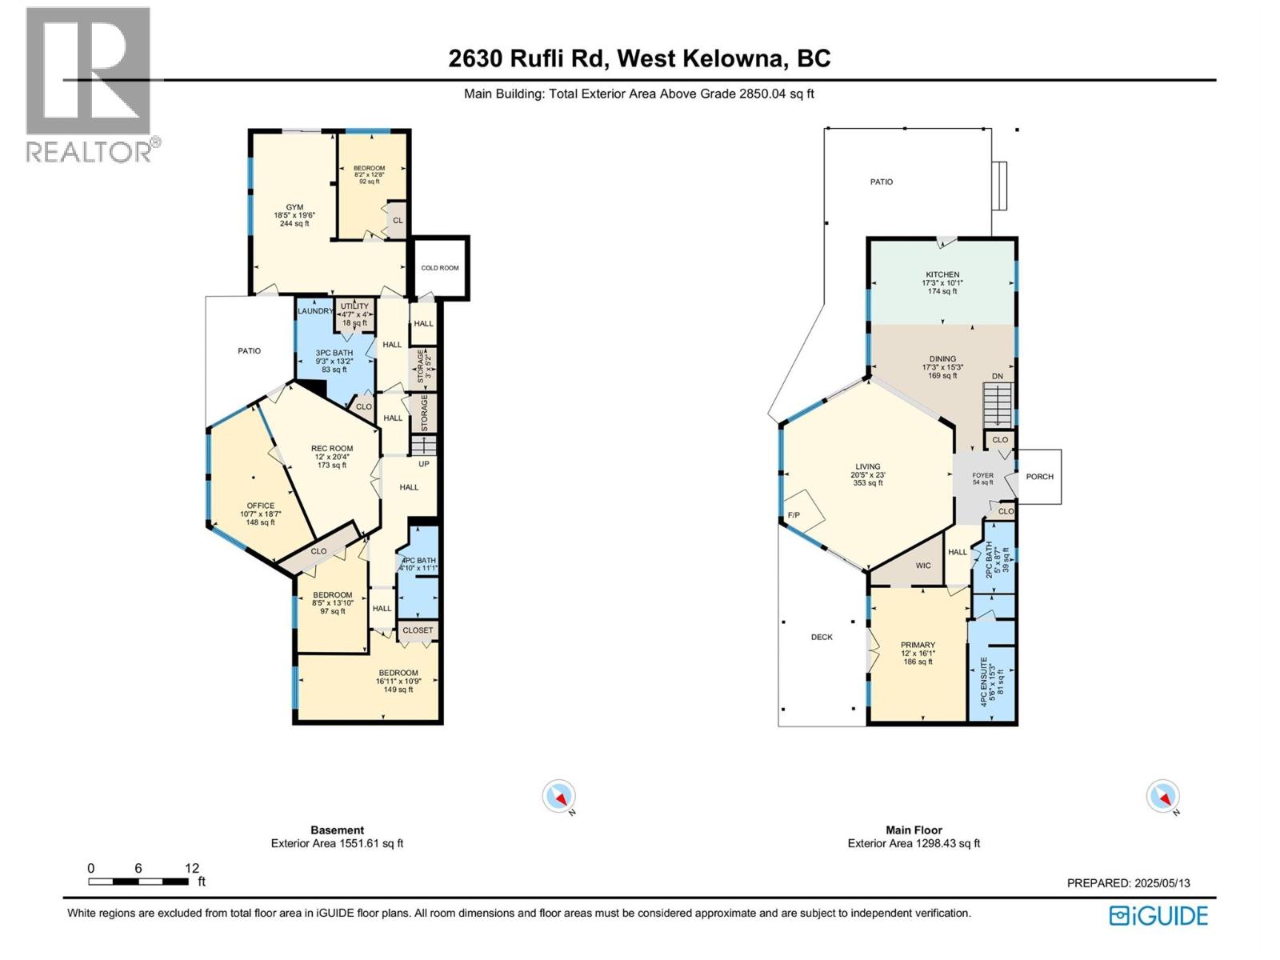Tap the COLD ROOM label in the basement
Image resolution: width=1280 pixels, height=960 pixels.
point(440,268)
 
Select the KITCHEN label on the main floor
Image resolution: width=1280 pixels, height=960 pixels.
point(942,274)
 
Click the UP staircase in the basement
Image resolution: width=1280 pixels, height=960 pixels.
point(423,445)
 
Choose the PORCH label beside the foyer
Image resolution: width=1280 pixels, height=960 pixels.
point(1039,477)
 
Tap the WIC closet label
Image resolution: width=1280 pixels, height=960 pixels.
point(923,566)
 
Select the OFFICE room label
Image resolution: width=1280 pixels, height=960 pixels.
point(260,506)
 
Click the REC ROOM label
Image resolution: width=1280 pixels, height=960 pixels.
point(332,449)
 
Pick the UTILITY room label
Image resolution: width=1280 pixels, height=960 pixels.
point(354,306)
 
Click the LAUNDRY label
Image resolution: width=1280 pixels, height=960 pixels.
point(314,311)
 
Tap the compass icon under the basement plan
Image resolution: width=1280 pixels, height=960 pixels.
point(558,797)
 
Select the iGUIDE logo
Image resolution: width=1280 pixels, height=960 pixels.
point(1158,916)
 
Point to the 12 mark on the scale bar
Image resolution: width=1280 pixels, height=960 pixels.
point(191,868)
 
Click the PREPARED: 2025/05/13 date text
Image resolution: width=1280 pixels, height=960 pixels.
point(1128,883)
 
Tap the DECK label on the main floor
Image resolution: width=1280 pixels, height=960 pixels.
point(822,638)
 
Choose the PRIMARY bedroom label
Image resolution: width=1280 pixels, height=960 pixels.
point(918,645)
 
